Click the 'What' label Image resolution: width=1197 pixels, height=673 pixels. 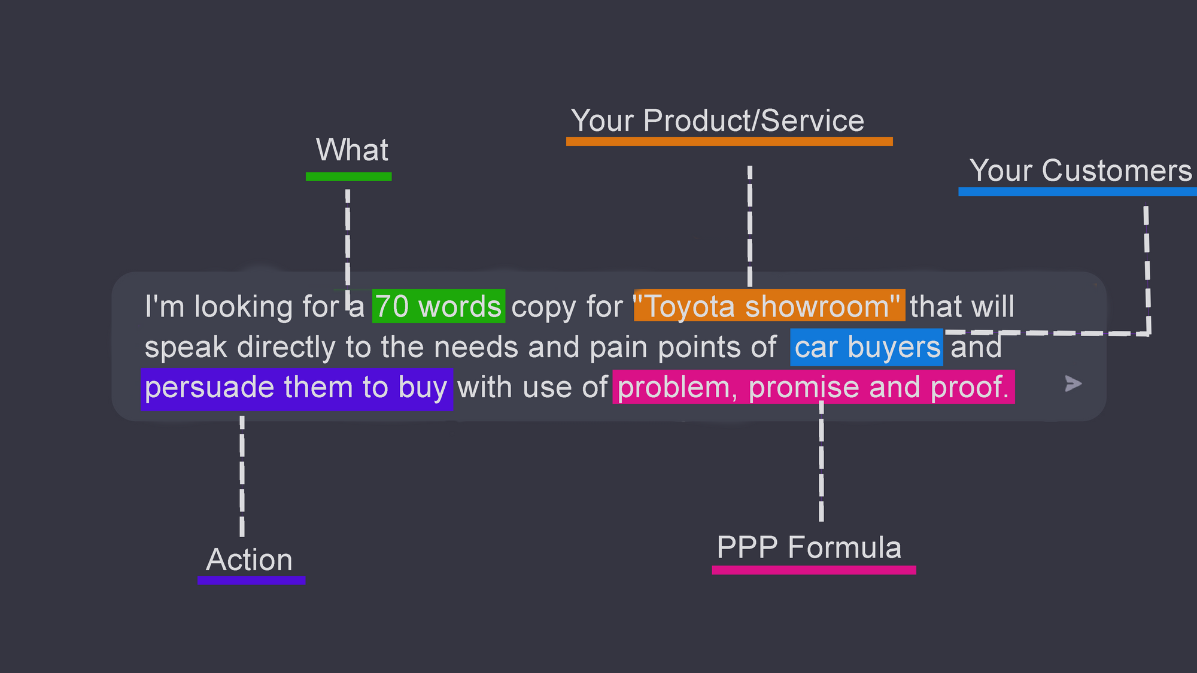[353, 150]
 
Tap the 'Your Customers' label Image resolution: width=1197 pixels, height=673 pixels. [1081, 170]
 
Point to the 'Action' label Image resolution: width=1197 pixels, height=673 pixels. [250, 560]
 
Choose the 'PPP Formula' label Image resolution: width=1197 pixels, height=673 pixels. [809, 547]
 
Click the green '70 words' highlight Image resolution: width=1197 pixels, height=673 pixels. [439, 306]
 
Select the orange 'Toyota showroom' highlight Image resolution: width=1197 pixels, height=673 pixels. [770, 306]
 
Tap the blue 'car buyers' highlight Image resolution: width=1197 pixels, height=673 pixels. [867, 347]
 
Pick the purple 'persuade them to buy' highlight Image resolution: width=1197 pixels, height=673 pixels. [297, 389]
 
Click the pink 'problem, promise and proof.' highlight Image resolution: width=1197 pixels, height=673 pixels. [813, 387]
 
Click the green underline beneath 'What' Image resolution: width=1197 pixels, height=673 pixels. [349, 176]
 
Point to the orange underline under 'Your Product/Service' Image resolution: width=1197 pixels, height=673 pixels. [730, 141]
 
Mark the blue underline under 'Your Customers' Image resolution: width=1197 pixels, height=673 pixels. [1077, 191]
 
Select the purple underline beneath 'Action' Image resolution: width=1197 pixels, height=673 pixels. [251, 580]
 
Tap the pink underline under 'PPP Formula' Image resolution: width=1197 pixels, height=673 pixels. [814, 570]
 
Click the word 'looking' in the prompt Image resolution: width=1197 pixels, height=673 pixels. [244, 307]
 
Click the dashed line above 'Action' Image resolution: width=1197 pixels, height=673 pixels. [242, 476]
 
